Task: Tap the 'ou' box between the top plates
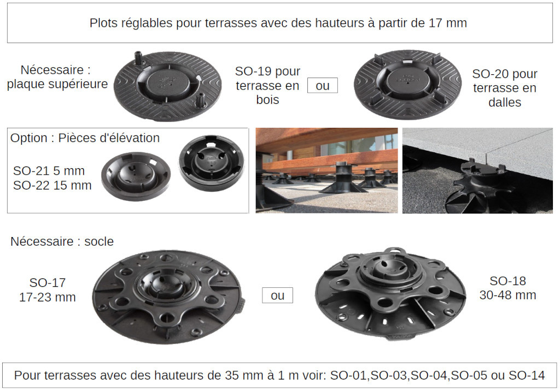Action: (323, 86)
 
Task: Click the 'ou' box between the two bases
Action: (277, 295)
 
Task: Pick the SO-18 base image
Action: (390, 293)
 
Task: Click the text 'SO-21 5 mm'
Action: (49, 171)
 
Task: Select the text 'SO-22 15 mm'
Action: (52, 186)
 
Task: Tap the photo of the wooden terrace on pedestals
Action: (327, 170)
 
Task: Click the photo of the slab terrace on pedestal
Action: (477, 170)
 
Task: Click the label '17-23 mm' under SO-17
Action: (48, 297)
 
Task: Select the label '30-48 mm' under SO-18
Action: (508, 295)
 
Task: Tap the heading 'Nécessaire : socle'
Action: (62, 241)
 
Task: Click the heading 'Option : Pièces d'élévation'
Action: (85, 138)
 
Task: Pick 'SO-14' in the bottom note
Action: (527, 375)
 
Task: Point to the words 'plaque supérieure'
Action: (57, 84)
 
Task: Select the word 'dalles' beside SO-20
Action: (505, 102)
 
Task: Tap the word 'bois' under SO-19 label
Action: (267, 100)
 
